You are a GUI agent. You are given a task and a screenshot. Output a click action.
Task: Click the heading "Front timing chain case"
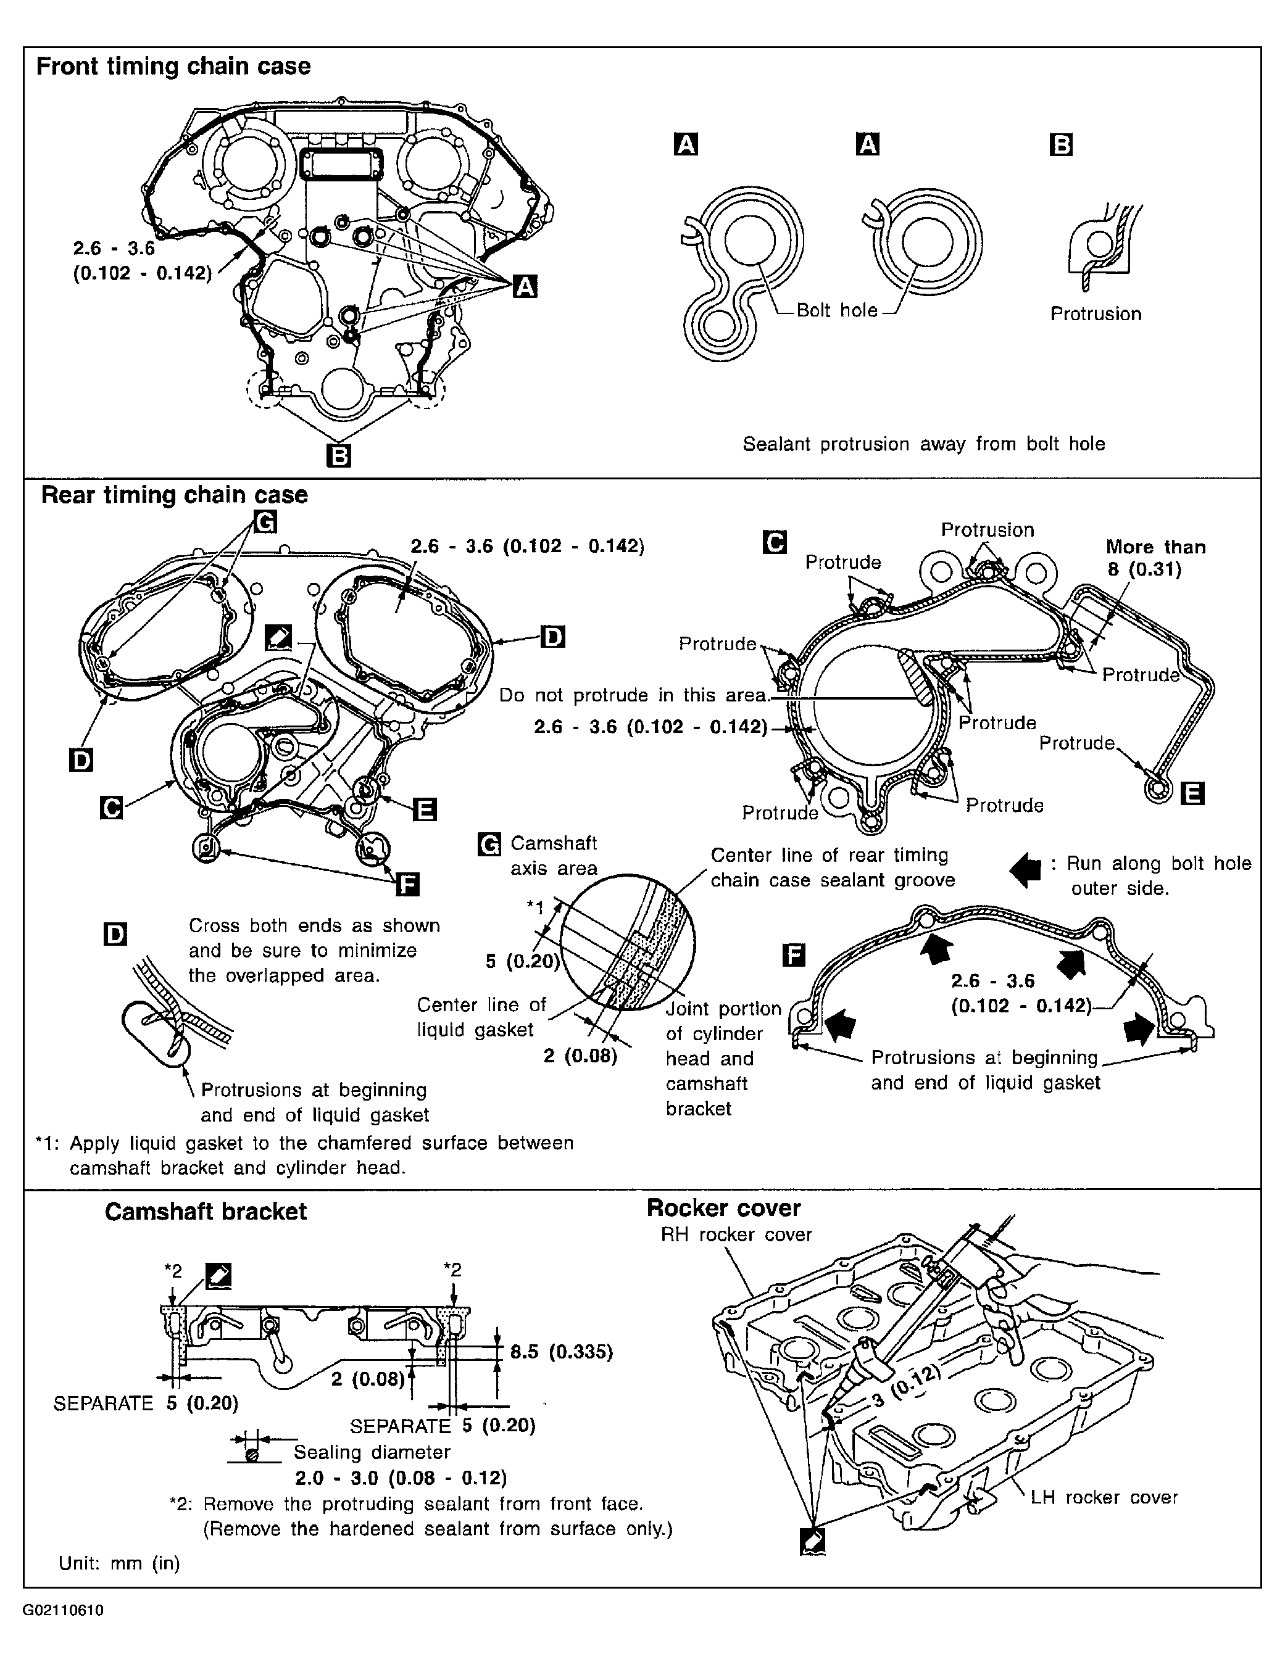[173, 66]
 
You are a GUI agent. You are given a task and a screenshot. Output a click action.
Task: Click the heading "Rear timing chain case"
[174, 495]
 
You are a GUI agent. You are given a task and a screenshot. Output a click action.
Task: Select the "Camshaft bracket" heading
[206, 1212]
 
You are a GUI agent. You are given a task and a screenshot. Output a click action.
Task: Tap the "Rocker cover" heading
[723, 1208]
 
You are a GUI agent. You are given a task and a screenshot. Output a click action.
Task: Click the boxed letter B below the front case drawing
[338, 455]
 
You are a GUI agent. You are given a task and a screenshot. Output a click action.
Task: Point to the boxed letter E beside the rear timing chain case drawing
[424, 809]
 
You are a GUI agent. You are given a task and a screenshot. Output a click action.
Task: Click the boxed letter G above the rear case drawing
[265, 522]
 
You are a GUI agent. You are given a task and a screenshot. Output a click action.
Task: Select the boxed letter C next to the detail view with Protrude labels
[774, 542]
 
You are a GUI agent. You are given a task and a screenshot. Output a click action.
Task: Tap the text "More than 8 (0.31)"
[1155, 558]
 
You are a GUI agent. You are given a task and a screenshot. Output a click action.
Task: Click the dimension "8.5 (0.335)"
[561, 1352]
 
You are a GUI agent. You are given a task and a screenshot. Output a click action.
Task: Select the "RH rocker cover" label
[736, 1234]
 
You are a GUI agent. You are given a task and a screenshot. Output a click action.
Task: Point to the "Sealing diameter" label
[372, 1452]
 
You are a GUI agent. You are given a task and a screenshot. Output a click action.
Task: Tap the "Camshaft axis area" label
[554, 855]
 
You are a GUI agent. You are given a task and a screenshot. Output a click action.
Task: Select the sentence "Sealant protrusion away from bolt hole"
[923, 444]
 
